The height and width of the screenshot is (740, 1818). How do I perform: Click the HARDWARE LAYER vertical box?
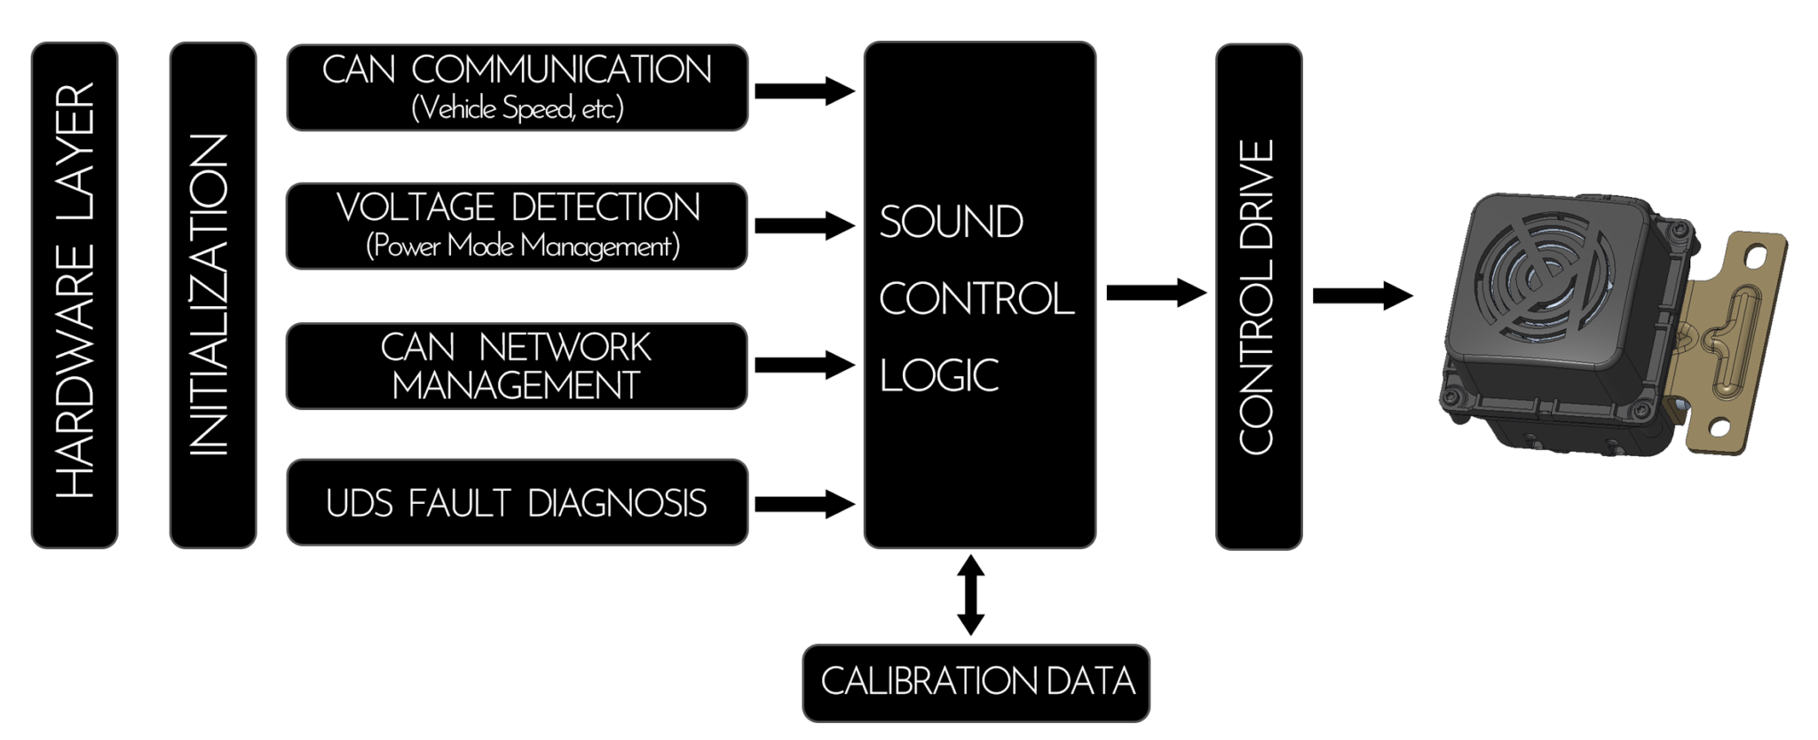pos(75,295)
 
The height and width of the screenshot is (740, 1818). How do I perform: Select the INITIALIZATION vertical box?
pos(213,295)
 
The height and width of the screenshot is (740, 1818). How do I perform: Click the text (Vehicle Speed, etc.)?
pos(518,109)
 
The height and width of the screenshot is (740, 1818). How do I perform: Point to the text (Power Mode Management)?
pos(523,246)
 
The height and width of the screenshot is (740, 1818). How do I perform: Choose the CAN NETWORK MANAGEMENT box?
pos(517,366)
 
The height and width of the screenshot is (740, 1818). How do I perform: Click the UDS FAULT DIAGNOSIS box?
pos(517,502)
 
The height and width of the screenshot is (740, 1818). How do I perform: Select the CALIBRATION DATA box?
pos(976,682)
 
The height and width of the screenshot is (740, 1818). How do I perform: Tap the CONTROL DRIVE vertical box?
pos(1258,296)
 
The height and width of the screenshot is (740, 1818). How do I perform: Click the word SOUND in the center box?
pos(951,222)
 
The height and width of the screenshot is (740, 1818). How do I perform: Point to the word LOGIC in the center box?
pos(939,375)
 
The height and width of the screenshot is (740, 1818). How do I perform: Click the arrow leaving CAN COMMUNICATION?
pos(803,91)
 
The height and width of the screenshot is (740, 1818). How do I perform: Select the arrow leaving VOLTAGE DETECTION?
pos(803,225)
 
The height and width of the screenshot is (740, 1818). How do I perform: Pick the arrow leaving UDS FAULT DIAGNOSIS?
pos(803,504)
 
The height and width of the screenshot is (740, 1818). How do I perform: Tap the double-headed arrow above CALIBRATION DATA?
pos(970,595)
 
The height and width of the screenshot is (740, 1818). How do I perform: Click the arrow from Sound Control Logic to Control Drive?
pos(1155,293)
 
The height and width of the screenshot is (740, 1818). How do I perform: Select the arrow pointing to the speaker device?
pos(1362,295)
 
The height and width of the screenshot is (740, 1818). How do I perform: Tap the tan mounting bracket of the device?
pos(1731,337)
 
